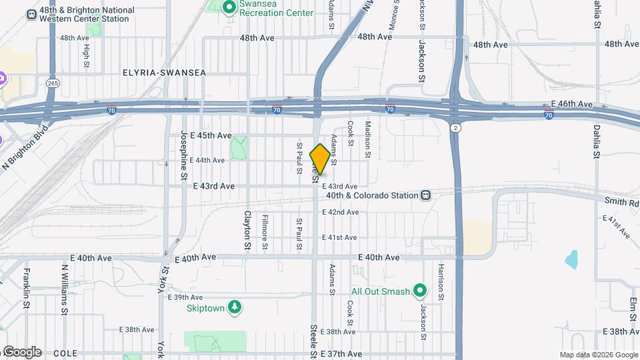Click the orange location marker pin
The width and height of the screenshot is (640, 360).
click(x=320, y=159)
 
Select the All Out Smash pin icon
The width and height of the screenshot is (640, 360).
click(x=420, y=291)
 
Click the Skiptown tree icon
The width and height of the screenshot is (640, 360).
click(x=234, y=307)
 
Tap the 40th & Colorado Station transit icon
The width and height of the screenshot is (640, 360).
click(x=425, y=195)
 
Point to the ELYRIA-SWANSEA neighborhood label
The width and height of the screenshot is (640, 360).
click(x=164, y=72)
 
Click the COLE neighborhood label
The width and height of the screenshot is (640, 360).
click(x=65, y=353)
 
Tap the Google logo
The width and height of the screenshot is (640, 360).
click(x=21, y=352)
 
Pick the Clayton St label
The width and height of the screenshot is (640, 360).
click(x=247, y=230)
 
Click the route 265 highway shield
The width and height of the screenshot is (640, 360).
click(x=53, y=83)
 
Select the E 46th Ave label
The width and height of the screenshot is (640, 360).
click(x=572, y=105)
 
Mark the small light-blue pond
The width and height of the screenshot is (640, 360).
click(x=571, y=259)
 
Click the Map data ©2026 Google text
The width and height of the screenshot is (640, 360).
click(x=598, y=355)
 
